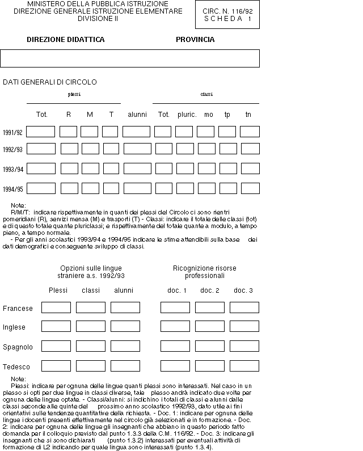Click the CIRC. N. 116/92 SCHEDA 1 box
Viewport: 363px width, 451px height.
coord(227,15)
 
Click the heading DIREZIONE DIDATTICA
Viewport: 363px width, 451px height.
coord(66,40)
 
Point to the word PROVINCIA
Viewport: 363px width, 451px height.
coord(195,40)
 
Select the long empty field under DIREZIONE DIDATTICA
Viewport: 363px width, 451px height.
coord(130,58)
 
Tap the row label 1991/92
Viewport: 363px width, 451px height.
coord(12,132)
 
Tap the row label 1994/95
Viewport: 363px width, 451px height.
coord(12,189)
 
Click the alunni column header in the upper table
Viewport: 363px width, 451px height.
coord(137,115)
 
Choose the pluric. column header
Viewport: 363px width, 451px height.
coord(187,115)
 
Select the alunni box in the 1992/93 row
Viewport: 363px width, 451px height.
coord(137,149)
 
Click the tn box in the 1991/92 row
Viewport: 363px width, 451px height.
coord(250,132)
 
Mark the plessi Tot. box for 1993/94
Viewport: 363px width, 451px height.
coord(41,168)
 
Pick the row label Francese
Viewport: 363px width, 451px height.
coord(18,309)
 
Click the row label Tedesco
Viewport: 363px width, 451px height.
coord(16,366)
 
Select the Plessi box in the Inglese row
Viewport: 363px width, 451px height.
coord(56,327)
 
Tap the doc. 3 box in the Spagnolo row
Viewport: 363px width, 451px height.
coord(244,346)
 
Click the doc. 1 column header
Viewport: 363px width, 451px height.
coord(177,290)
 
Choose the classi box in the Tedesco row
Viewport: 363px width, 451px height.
coord(91,365)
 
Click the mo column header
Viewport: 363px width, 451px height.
coord(209,115)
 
